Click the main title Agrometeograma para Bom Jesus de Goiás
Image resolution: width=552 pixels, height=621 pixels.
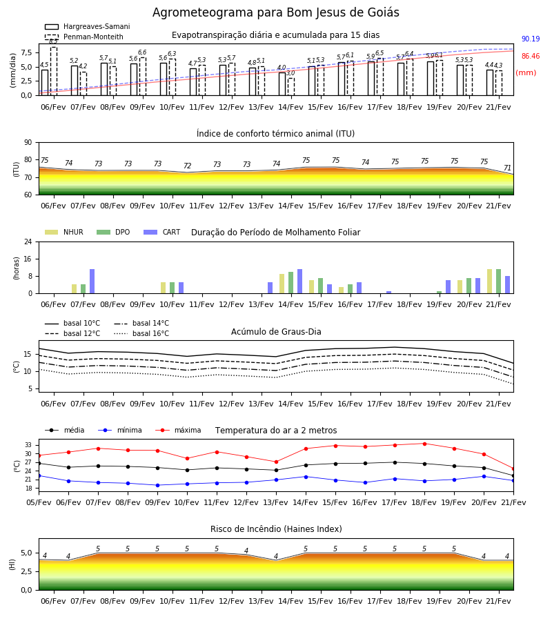tap(275, 12)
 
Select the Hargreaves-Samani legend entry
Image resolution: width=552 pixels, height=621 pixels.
tap(87, 26)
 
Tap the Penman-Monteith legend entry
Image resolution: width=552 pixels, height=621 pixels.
tap(84, 37)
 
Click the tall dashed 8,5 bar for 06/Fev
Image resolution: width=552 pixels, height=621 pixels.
tap(54, 71)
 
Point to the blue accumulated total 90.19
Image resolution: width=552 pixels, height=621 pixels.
tap(531, 39)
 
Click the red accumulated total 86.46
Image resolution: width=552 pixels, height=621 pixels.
tap(531, 57)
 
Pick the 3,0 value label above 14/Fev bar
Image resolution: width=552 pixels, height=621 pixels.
tap(290, 73)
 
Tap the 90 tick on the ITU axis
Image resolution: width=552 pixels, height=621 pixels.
tap(28, 143)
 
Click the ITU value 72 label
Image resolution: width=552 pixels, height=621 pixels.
tap(187, 166)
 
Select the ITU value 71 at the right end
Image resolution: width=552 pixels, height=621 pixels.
tap(507, 168)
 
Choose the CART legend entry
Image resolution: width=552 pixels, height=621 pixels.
tap(162, 232)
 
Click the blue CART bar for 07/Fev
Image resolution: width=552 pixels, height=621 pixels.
tap(92, 282)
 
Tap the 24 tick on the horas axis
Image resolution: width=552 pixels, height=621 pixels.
tap(28, 241)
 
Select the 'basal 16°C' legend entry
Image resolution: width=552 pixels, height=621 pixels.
tap(141, 333)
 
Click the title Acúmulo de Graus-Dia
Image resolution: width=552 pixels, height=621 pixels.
tap(276, 332)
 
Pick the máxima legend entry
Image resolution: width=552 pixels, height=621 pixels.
tap(179, 430)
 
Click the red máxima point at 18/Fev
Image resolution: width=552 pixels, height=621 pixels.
tap(425, 444)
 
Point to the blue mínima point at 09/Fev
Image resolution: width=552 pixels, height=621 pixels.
tap(157, 485)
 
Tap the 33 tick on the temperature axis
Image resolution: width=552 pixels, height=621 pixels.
tap(29, 445)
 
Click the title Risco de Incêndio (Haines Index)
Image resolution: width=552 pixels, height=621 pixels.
tap(276, 529)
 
